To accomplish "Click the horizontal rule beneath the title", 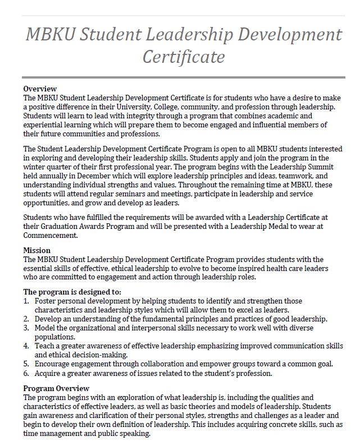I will pos(183,77).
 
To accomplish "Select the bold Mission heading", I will pos(37,250).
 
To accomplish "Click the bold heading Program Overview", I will pos(56,388).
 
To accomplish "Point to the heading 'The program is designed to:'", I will pos(72,292).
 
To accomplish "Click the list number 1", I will pos(26,301).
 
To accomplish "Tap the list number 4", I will pos(26,346).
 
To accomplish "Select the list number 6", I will pos(26,373).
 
